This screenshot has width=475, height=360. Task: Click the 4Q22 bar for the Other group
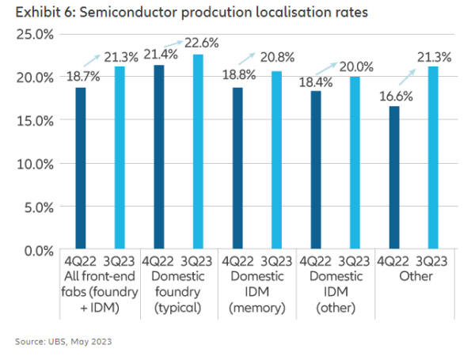393,178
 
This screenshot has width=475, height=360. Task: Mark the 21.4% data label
162,54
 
